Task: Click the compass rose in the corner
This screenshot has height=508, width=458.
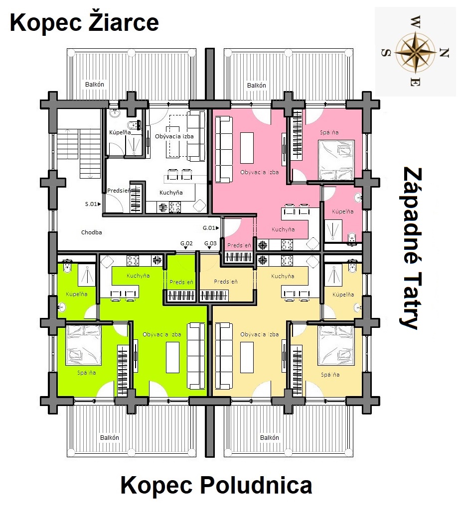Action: pos(416,52)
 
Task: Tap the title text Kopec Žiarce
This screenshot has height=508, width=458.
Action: pos(84,22)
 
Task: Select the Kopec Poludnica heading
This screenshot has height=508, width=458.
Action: pos(216,485)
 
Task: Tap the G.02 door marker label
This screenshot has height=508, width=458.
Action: pos(187,243)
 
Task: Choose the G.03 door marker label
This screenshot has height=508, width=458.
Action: pos(210,243)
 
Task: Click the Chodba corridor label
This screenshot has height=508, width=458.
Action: pos(92,232)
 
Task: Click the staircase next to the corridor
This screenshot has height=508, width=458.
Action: pos(80,153)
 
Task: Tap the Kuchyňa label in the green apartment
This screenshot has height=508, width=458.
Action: pos(138,276)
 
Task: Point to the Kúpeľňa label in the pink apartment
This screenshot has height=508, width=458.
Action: pos(343,211)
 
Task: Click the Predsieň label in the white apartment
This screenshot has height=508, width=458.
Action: pos(119,191)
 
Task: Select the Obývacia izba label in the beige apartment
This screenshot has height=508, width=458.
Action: pos(260,334)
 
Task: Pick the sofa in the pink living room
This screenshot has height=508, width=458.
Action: pos(224,149)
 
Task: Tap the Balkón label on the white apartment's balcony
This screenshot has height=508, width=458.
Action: pos(95,85)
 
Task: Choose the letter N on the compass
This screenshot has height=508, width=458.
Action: pos(445,52)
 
